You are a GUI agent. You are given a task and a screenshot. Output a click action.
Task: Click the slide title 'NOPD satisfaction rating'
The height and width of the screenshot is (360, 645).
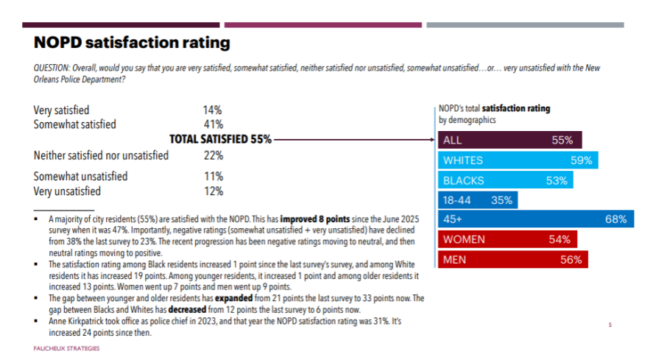(x=132, y=43)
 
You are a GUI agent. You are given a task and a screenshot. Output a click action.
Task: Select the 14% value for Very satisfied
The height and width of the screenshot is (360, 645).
(x=213, y=110)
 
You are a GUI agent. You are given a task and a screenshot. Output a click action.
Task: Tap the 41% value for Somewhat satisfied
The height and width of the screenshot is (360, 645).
(x=213, y=124)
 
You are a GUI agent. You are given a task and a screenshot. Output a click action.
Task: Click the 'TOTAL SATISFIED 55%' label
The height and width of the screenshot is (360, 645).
(x=221, y=138)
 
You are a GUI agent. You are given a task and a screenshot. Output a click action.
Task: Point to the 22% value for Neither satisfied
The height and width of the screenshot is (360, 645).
(x=213, y=155)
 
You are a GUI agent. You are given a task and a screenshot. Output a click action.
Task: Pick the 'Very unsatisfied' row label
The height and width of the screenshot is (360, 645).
(x=67, y=191)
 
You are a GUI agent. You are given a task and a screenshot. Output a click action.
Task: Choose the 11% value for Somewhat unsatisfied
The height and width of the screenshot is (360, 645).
(x=213, y=177)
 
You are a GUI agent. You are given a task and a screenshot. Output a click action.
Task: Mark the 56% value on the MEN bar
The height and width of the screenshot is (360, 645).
(x=571, y=259)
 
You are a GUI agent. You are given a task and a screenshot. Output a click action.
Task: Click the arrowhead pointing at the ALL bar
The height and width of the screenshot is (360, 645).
(x=433, y=138)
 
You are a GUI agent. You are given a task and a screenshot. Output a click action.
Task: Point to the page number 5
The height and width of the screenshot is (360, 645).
(x=610, y=324)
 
